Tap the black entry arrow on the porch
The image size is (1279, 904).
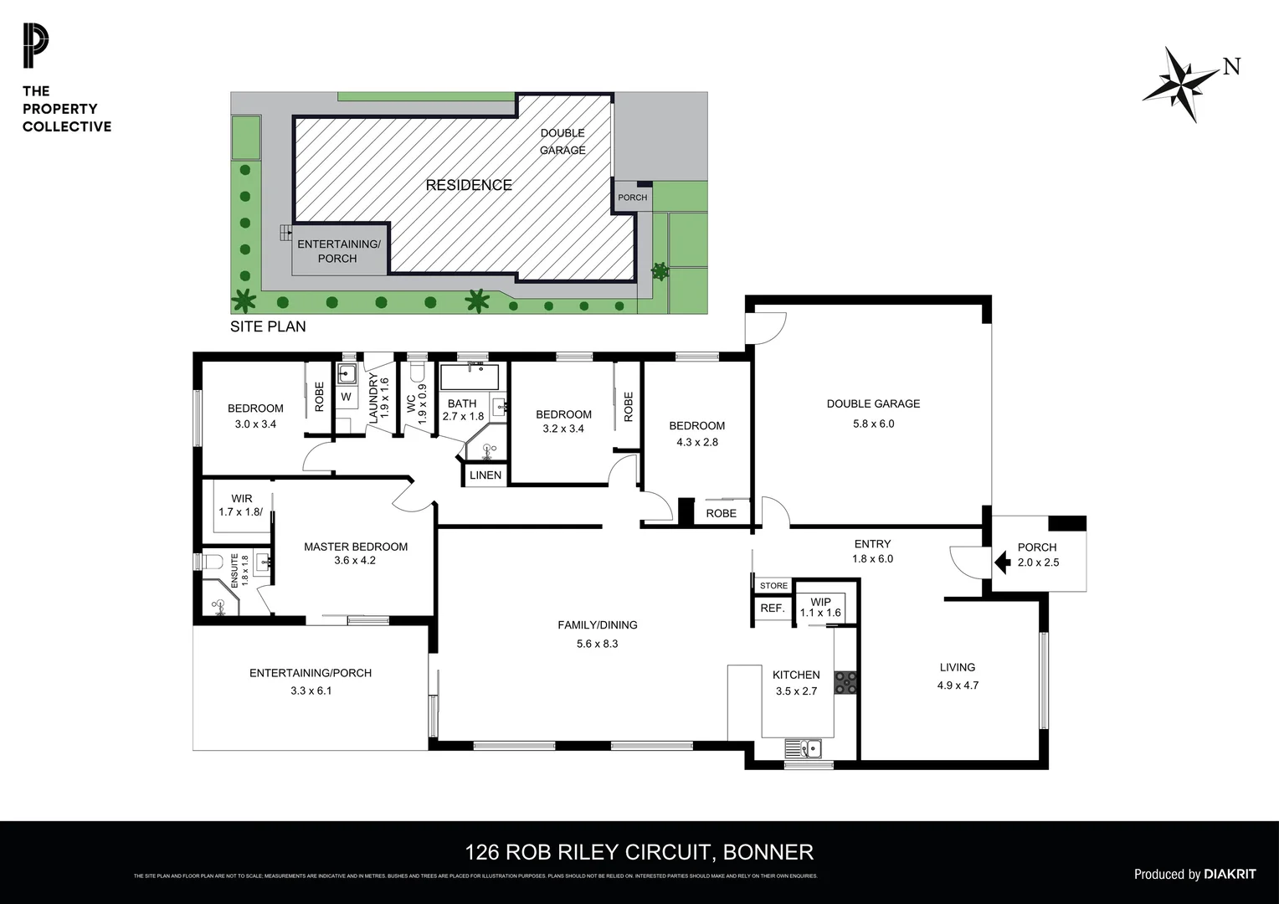[1000, 562]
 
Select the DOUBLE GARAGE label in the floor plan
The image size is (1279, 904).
[873, 403]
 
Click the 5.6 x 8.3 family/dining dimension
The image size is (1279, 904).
[597, 644]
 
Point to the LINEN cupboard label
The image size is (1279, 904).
[485, 475]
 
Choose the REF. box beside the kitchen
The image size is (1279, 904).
[772, 609]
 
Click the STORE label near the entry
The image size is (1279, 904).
[773, 585]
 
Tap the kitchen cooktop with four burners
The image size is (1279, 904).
[846, 683]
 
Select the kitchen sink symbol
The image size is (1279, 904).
[803, 747]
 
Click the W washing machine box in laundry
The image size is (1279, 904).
[346, 397]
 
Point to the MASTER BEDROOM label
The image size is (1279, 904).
[356, 547]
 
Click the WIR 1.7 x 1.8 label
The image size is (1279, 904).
[241, 506]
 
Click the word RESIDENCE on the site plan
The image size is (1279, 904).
[469, 185]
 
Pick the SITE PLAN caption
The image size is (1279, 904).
[268, 326]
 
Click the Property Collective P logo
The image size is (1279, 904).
[35, 47]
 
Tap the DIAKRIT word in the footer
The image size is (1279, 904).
[1230, 874]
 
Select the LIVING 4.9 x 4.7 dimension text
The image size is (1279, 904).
[958, 685]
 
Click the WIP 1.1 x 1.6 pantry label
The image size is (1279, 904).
[820, 607]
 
